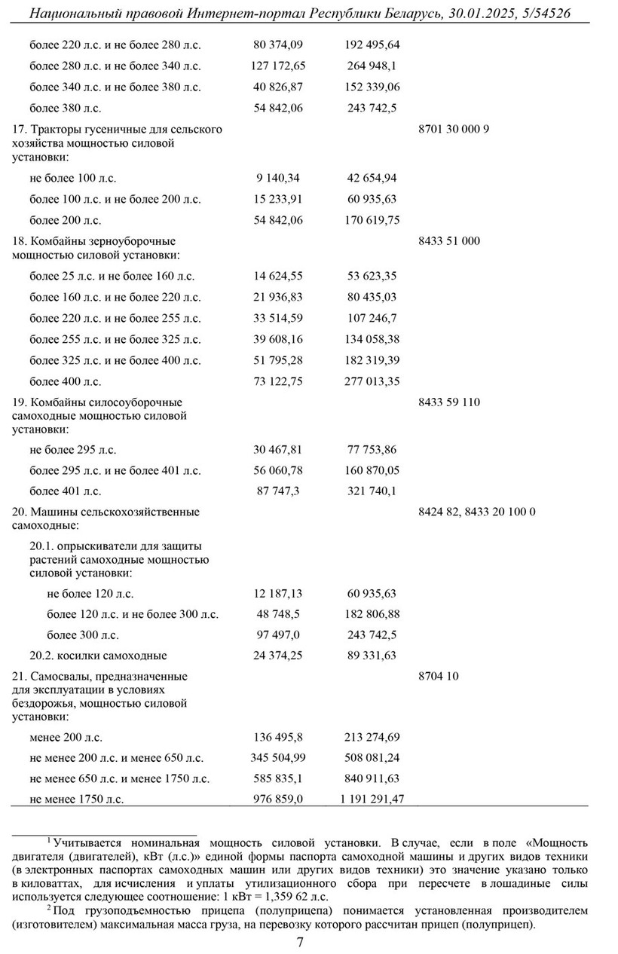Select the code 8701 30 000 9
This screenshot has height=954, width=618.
click(x=454, y=129)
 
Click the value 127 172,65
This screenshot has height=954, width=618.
click(x=277, y=66)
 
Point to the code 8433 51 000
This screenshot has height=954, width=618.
click(x=448, y=241)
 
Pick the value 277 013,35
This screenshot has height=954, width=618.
click(x=372, y=381)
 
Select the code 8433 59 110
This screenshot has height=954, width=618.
click(x=448, y=402)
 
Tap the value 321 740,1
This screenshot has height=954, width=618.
click(x=372, y=491)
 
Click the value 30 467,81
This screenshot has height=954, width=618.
click(x=278, y=450)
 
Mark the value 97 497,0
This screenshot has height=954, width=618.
click(x=278, y=635)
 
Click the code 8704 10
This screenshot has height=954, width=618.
click(x=438, y=677)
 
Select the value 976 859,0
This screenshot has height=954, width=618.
click(x=278, y=799)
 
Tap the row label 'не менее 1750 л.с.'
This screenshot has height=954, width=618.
click(x=76, y=799)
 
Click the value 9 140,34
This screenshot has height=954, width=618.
click(x=278, y=179)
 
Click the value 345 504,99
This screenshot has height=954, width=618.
click(x=277, y=758)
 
